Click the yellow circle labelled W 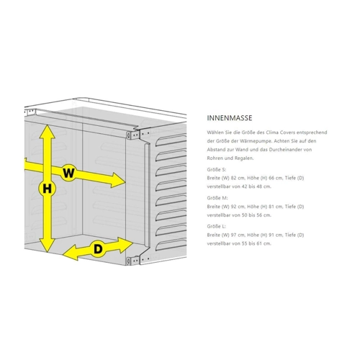click(68, 173)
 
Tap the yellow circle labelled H click(48, 189)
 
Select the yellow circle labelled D click(98, 249)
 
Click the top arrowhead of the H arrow click(48, 132)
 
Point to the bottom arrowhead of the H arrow click(48, 246)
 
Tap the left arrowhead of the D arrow click(70, 253)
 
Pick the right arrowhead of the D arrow click(126, 245)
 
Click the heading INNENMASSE click(230, 118)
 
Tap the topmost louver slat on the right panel click(171, 140)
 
